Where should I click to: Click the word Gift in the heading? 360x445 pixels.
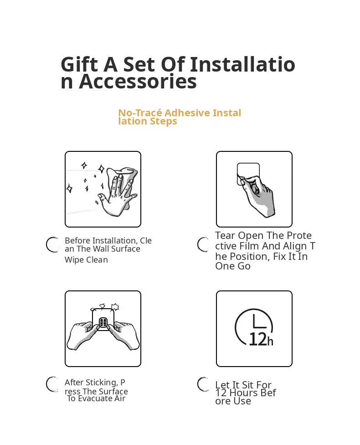[79, 64]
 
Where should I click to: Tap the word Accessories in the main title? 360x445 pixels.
[138, 82]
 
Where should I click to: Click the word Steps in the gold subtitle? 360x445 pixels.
[163, 121]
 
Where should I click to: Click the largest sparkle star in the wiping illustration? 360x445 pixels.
[101, 169]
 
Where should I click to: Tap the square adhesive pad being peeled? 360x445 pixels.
[248, 174]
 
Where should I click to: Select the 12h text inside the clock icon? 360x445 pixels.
[261, 339]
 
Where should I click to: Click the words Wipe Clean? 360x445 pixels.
[86, 260]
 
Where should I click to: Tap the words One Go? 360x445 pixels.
[232, 266]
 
